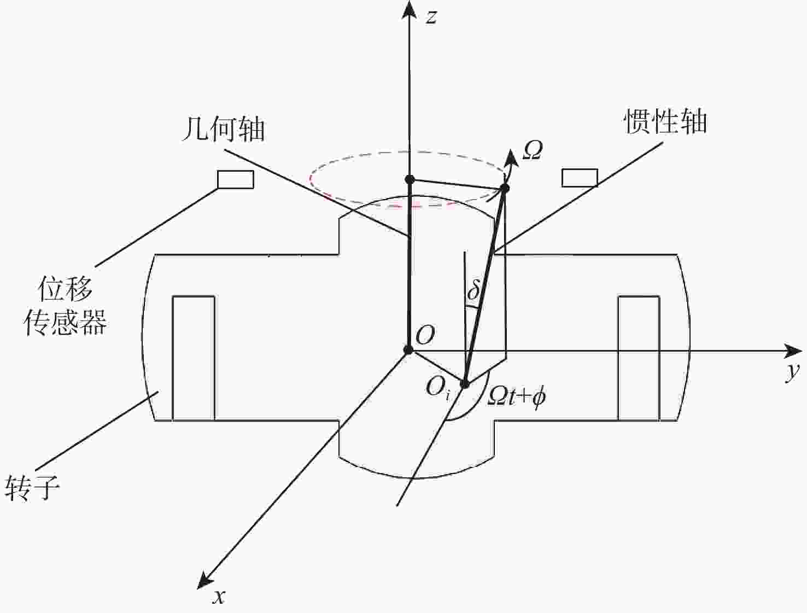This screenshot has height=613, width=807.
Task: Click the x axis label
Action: point(219,598)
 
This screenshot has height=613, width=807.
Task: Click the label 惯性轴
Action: point(665,121)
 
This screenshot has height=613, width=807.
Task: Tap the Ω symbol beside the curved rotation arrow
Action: point(533,151)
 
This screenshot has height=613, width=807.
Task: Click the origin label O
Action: point(425,335)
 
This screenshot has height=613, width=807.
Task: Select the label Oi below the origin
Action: point(437,388)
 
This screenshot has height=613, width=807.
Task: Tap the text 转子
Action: point(32,487)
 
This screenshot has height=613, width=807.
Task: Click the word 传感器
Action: point(65,322)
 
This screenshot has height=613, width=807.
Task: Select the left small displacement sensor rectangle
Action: point(236,179)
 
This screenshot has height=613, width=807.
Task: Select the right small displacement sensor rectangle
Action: point(580,178)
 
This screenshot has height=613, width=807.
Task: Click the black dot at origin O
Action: point(408,350)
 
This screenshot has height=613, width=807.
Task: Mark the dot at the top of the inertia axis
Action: point(505,188)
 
